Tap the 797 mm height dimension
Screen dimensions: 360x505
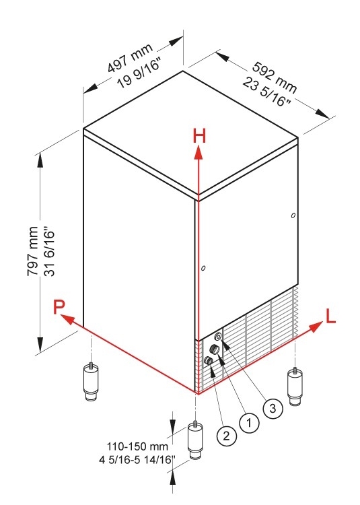pos(33,251)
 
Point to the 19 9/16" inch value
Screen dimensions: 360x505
pos(139,74)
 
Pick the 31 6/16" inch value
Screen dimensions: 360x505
pos(50,252)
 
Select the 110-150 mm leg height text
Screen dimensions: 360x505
pos(137,446)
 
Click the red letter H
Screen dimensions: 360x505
pos(199,135)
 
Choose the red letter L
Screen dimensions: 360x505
pos(330,316)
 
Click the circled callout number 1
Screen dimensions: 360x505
pos(249,423)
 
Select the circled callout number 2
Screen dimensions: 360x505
pos(227,436)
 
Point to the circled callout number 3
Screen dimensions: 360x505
pos(273,409)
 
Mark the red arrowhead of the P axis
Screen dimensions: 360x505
pos(67,319)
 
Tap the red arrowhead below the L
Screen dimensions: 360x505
pos(316,327)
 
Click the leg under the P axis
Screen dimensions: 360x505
pos(91,382)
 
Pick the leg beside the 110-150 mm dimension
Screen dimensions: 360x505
pos(195,440)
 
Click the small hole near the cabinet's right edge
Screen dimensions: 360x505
pos(293,215)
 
